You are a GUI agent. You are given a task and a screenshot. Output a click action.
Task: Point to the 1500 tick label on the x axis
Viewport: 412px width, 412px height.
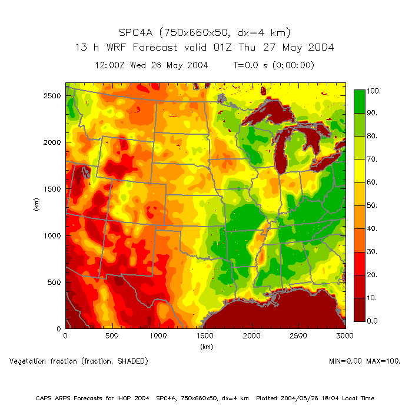coord(205,336)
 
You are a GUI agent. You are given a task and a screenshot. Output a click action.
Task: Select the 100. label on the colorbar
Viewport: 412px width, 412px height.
coord(375,91)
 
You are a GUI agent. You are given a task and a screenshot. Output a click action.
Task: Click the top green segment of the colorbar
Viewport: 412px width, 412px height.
coord(360,101)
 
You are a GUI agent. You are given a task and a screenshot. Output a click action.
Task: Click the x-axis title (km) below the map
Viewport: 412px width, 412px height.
coord(205,347)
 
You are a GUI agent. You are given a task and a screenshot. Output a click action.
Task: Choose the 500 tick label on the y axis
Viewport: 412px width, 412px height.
coord(55,282)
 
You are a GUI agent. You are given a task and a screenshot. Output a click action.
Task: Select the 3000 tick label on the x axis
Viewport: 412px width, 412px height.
coord(345,336)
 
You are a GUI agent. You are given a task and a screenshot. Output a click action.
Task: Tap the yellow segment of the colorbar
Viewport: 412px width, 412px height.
coord(360,170)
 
